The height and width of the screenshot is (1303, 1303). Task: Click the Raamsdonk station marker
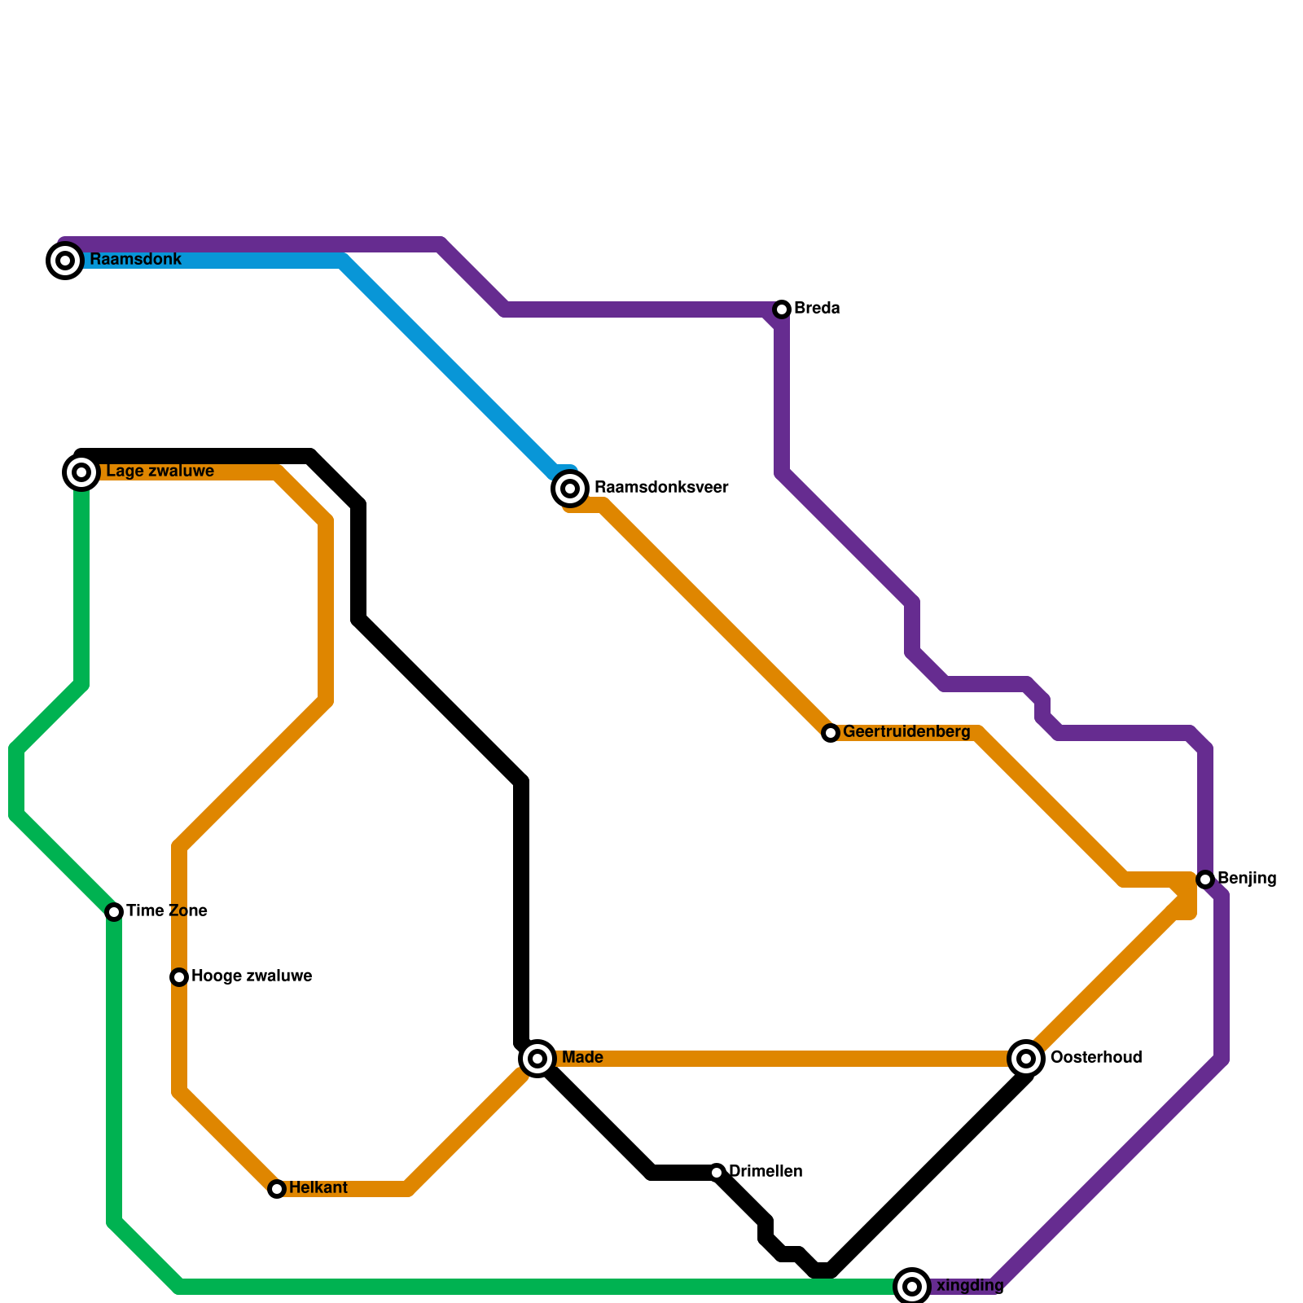click(65, 261)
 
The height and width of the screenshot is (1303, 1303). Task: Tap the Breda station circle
click(782, 309)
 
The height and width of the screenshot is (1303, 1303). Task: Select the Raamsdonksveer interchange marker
click(570, 489)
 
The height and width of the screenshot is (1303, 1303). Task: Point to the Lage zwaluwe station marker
click(81, 472)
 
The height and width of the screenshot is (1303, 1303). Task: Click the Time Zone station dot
click(114, 912)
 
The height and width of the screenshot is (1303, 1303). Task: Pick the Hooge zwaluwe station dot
click(179, 977)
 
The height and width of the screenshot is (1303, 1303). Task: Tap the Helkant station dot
click(277, 1189)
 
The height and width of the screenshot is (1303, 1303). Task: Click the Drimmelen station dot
click(717, 1173)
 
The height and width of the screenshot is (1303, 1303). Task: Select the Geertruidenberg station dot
click(831, 733)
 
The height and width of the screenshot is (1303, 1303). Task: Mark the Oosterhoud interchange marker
click(1026, 1059)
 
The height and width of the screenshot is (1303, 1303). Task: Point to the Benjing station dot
click(1205, 880)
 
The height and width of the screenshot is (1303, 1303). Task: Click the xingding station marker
click(912, 1287)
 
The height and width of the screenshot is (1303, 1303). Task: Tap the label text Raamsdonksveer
click(661, 488)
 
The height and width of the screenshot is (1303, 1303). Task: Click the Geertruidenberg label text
click(906, 732)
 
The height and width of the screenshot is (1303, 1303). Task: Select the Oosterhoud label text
click(1096, 1058)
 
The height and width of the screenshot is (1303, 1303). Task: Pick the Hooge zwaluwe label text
click(252, 976)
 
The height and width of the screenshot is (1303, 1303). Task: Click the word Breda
click(817, 309)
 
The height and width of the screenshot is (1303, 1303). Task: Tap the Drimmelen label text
click(766, 1172)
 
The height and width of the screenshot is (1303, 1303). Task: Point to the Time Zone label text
click(167, 911)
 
